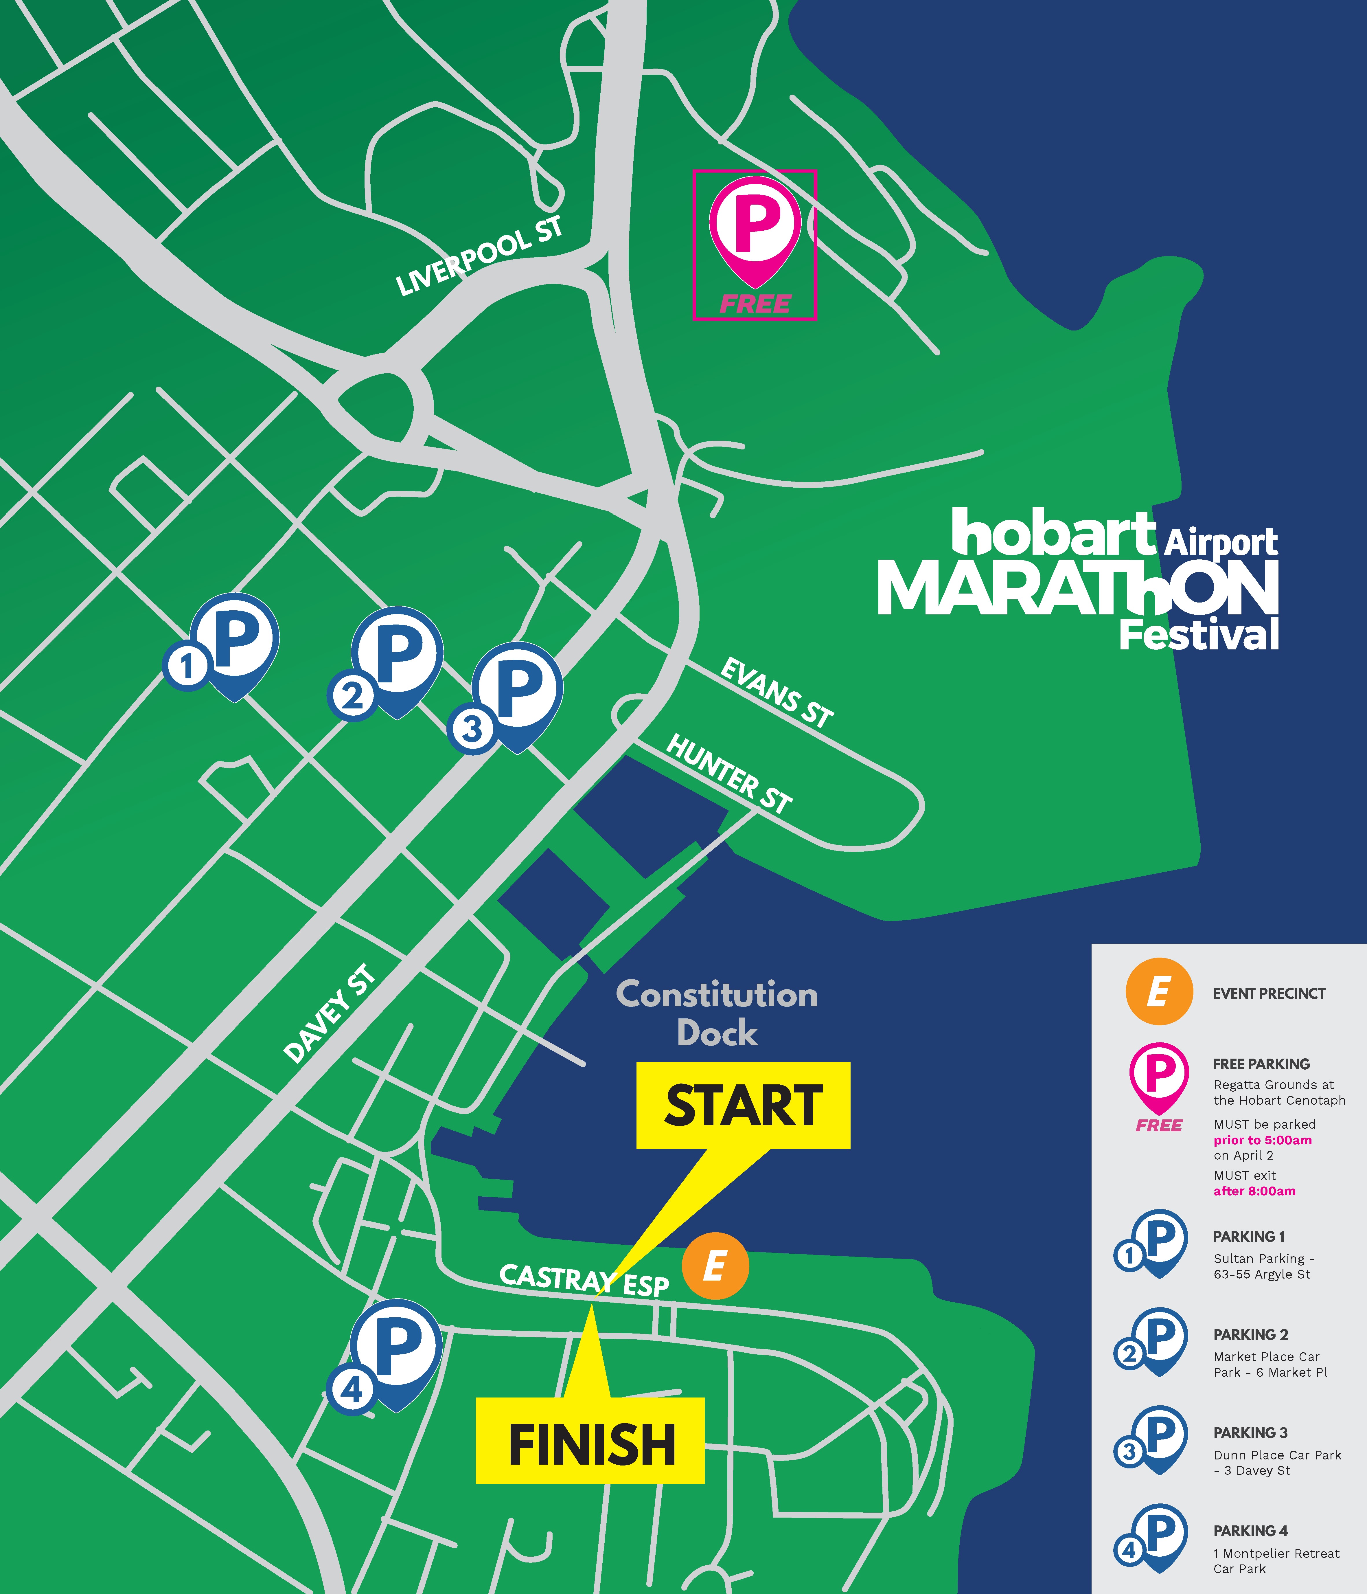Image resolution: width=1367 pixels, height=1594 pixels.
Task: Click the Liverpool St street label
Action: pyautogui.click(x=479, y=256)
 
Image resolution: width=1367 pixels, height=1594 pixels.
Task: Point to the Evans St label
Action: pyautogui.click(x=777, y=692)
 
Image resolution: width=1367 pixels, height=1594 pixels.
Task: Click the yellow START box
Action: pyautogui.click(x=743, y=1105)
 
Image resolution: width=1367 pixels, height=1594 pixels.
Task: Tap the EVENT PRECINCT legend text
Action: pyautogui.click(x=1269, y=993)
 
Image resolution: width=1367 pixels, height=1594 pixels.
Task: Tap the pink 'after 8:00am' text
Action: pyautogui.click(x=1254, y=1191)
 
